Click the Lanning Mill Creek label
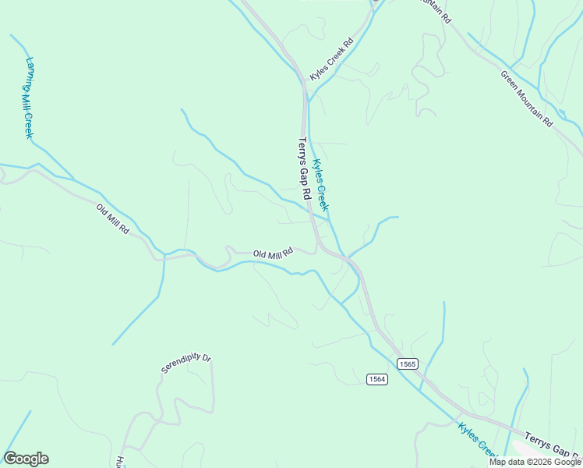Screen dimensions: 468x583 tap(29, 97)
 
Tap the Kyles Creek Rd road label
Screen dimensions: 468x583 tap(331, 62)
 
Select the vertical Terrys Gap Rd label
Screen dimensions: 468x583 tap(305, 169)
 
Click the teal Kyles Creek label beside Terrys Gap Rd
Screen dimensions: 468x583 tap(320, 186)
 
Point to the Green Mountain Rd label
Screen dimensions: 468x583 tap(526, 99)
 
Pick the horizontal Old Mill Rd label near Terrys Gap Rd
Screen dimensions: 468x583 tap(273, 253)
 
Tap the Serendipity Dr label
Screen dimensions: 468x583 tap(186, 363)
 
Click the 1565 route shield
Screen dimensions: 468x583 tap(407, 364)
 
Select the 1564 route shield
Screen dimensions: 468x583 tap(377, 378)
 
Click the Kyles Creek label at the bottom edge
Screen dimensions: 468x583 tap(478, 439)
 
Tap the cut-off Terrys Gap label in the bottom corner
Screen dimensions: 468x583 tap(552, 448)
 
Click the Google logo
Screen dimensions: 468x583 tap(26, 459)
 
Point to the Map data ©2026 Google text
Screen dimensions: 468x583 tap(535, 462)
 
